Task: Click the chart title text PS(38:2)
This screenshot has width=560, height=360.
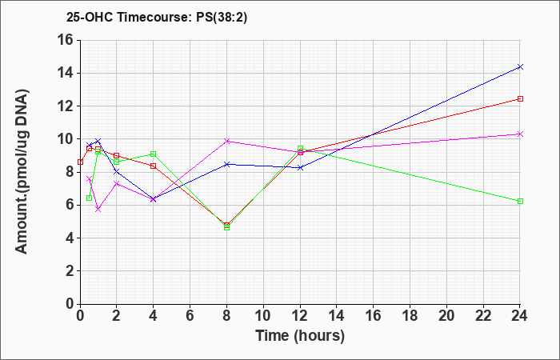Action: (x=222, y=18)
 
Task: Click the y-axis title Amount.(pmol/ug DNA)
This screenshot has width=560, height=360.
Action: (x=22, y=172)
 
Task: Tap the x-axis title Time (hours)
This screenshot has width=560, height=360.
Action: (x=300, y=336)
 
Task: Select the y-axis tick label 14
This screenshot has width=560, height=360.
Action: (x=65, y=74)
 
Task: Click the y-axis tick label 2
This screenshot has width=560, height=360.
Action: (x=69, y=271)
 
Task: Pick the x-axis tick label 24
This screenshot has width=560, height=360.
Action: (x=520, y=316)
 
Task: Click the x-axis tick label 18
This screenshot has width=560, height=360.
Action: (x=410, y=316)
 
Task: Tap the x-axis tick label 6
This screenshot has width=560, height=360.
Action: (x=190, y=316)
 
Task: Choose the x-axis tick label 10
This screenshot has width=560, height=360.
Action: (x=263, y=316)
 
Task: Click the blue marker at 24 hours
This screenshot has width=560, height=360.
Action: (x=520, y=66)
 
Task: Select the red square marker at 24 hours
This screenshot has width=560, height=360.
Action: (x=520, y=99)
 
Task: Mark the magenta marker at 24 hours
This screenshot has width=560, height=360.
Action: (x=520, y=134)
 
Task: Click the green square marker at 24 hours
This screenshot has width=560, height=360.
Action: (x=520, y=202)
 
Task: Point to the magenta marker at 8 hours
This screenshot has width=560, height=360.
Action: (x=226, y=141)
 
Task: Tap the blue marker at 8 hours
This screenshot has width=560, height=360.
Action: (x=226, y=164)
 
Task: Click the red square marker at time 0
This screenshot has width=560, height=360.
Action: (x=80, y=162)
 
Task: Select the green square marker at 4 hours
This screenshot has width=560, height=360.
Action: (x=154, y=154)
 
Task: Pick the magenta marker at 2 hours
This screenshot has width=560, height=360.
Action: (x=117, y=183)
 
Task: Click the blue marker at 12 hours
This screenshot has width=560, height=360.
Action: (x=300, y=167)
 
